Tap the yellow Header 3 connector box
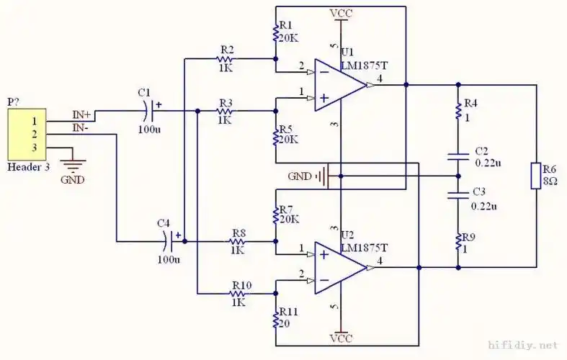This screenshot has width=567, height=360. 27,135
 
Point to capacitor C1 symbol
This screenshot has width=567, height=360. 150,111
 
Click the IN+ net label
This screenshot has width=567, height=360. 81,114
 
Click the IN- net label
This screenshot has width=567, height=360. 81,127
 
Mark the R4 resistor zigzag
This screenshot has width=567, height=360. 457,110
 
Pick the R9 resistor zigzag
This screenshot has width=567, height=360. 457,243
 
